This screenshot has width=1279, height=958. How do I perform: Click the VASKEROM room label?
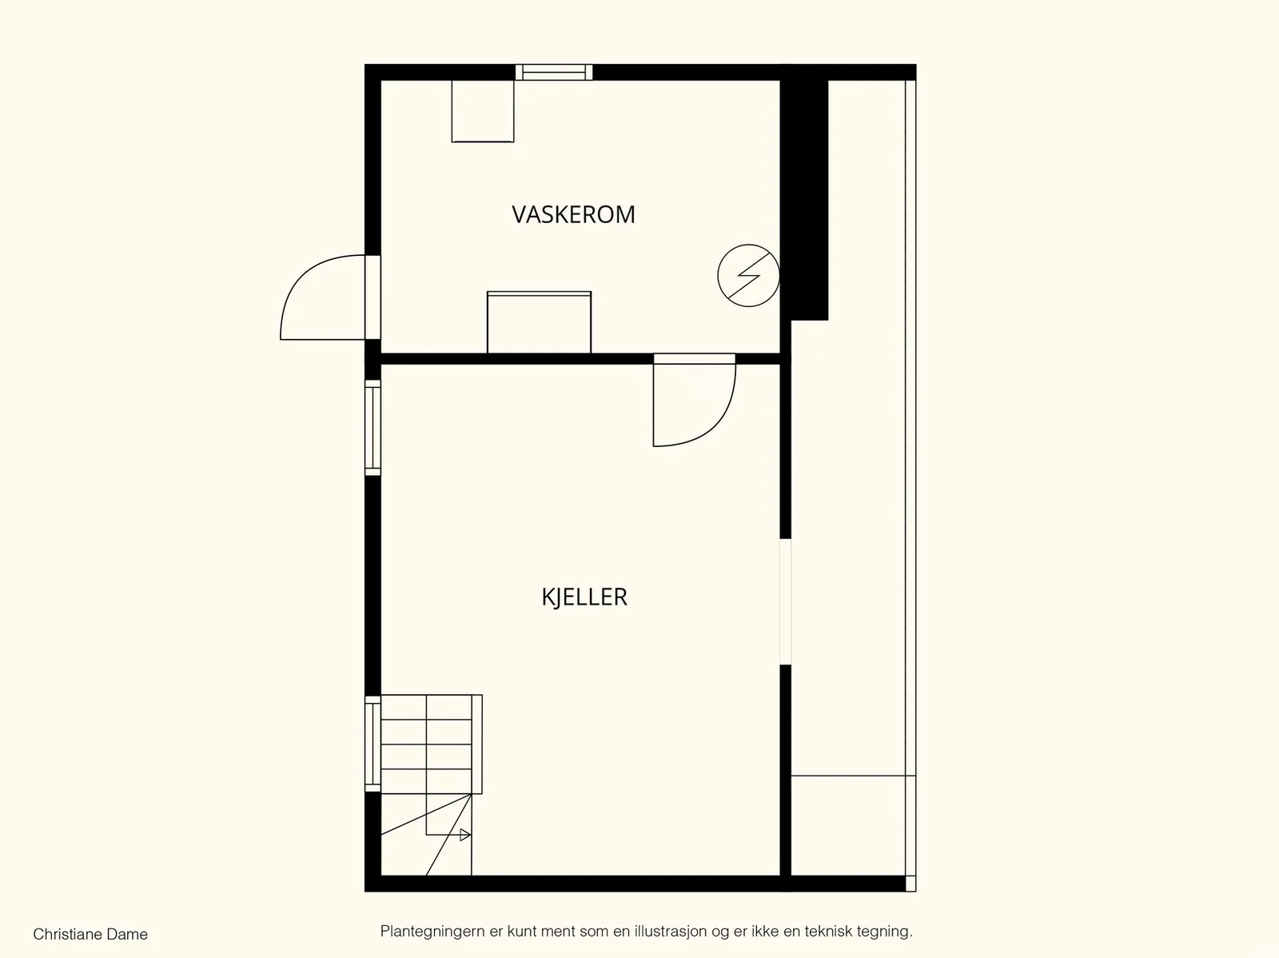click(x=573, y=214)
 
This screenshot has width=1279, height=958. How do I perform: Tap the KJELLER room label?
click(x=584, y=597)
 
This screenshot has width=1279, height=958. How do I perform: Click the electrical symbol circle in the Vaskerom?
click(x=748, y=275)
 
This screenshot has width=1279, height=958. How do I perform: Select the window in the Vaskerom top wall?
click(x=553, y=72)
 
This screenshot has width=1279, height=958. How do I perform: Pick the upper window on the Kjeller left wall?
click(x=373, y=428)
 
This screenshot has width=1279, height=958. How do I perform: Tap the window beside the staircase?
click(x=373, y=744)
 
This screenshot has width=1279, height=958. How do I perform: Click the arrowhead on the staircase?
click(x=465, y=835)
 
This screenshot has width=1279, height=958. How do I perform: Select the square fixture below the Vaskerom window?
click(x=483, y=110)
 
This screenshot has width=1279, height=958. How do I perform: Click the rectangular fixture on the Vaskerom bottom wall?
click(x=539, y=322)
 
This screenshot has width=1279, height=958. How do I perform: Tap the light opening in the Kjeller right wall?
click(x=786, y=601)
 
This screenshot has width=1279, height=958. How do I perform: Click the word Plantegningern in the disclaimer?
click(x=432, y=931)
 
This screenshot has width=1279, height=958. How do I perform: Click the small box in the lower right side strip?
click(x=848, y=826)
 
